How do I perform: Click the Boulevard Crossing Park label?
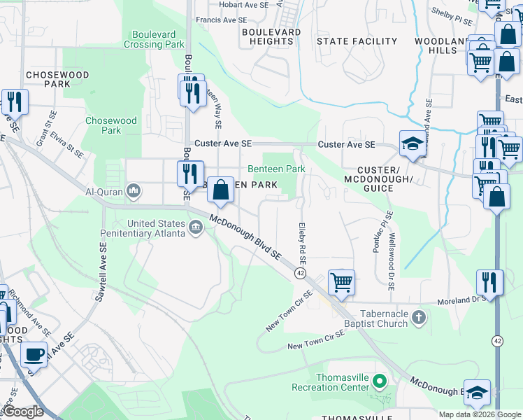(x=153, y=39)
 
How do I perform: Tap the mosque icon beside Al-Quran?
(x=135, y=191)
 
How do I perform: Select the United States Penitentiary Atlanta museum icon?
(x=196, y=226)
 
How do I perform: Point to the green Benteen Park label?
(x=276, y=169)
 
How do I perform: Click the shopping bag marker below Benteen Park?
(x=220, y=190)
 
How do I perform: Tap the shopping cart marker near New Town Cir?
(x=341, y=282)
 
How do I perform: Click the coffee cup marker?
(x=34, y=354)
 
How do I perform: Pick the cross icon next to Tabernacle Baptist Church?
(x=418, y=318)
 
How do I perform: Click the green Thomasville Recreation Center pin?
(x=380, y=381)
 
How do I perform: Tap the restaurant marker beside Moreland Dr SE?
(x=489, y=282)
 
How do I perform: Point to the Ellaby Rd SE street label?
(x=303, y=240)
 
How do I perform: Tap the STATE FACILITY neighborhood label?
(x=357, y=41)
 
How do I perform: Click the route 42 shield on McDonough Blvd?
(x=300, y=272)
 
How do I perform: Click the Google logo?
(x=24, y=412)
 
